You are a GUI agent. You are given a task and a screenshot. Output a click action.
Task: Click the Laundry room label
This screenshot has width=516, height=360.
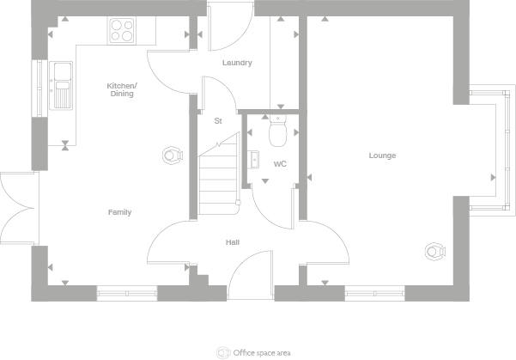(236, 63)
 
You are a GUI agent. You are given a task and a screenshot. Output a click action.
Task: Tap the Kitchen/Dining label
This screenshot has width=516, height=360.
(120, 89)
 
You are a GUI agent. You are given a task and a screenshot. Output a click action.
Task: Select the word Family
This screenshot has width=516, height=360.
(119, 212)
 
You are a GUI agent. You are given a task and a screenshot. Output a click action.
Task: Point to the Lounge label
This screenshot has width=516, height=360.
(382, 156)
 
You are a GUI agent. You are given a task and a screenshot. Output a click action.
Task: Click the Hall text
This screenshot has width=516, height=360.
(233, 242)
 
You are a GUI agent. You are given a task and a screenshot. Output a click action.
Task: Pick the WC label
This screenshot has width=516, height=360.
(280, 163)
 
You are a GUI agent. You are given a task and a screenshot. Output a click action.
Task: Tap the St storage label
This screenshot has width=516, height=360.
(218, 121)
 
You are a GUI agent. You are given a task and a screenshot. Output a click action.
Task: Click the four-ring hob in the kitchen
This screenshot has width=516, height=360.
(122, 31)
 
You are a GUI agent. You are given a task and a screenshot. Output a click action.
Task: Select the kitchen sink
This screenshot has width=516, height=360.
(62, 86)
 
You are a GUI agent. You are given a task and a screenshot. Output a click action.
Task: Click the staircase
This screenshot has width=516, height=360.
(218, 181)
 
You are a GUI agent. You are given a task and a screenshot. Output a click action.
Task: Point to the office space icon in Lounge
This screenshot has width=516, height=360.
(434, 251)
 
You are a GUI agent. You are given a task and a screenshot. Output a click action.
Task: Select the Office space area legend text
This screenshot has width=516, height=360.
(263, 352)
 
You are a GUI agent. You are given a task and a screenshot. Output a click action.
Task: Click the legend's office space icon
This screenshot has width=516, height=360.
(224, 352)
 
